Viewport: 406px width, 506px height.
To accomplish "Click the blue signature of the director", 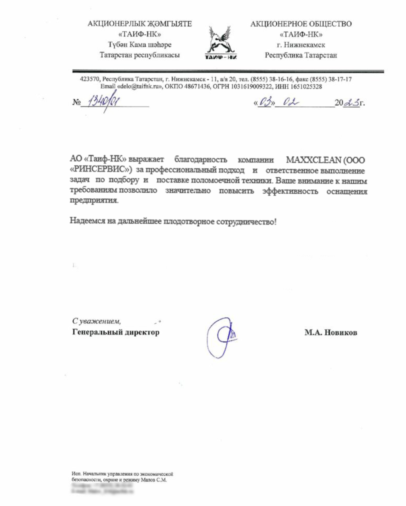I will (x=221, y=337).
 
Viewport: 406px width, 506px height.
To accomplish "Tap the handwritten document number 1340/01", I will (x=102, y=103).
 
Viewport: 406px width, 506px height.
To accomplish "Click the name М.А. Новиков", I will (x=331, y=333).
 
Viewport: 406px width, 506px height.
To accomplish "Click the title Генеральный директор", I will (x=116, y=332).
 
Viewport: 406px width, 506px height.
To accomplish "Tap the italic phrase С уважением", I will (x=96, y=321).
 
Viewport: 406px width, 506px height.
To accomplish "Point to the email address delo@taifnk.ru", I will (x=139, y=87).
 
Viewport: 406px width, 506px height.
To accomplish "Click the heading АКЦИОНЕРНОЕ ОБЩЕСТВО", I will (x=301, y=24).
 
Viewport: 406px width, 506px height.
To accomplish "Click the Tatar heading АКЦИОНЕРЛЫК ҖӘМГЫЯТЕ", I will (x=139, y=24).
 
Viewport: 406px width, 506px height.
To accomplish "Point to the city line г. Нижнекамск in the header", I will (x=301, y=45).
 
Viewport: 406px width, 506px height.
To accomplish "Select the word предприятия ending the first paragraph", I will (x=94, y=201).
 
